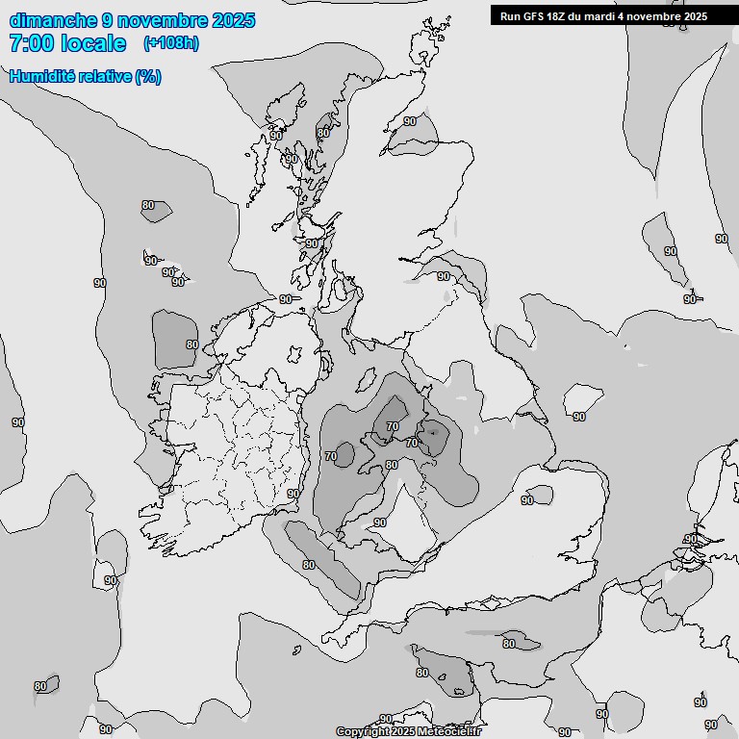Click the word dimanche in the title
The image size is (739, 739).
[53, 20]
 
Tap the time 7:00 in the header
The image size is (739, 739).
[32, 43]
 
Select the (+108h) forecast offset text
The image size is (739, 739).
[170, 43]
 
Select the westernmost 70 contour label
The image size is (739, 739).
[331, 455]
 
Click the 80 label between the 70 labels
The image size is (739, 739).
[391, 465]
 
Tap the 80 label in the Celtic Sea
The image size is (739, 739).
[309, 565]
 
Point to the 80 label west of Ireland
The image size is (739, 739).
[191, 344]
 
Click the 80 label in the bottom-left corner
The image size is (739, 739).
[40, 686]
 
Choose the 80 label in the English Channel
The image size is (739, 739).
[509, 644]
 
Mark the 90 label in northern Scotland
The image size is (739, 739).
[410, 121]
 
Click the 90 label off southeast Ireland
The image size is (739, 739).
[293, 494]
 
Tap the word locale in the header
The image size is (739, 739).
[93, 43]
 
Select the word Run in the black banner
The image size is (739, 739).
[510, 15]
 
